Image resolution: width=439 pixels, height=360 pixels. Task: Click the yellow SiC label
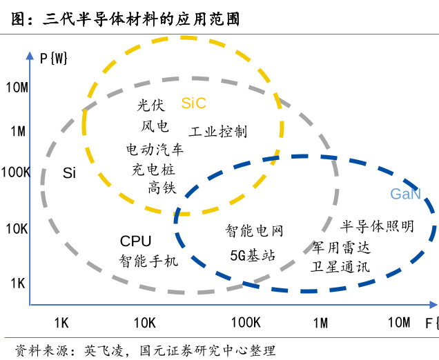click(194, 103)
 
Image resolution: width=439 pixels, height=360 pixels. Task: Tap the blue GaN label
click(405, 194)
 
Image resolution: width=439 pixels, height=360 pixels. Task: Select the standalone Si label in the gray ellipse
click(69, 173)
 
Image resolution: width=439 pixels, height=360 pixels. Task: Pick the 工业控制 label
click(218, 132)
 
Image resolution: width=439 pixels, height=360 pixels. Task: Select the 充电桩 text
click(154, 168)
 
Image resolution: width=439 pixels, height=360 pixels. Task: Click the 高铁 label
click(162, 188)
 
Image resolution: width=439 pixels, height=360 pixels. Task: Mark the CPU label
click(135, 241)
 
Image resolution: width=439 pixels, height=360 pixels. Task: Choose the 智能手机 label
click(148, 261)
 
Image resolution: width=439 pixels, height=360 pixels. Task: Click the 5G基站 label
click(253, 255)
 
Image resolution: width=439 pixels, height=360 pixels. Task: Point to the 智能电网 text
click(255, 231)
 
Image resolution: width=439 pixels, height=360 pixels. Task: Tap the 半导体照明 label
click(378, 226)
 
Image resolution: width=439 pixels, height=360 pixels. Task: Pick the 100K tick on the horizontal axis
click(245, 323)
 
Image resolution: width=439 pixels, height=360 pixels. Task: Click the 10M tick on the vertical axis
click(17, 87)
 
